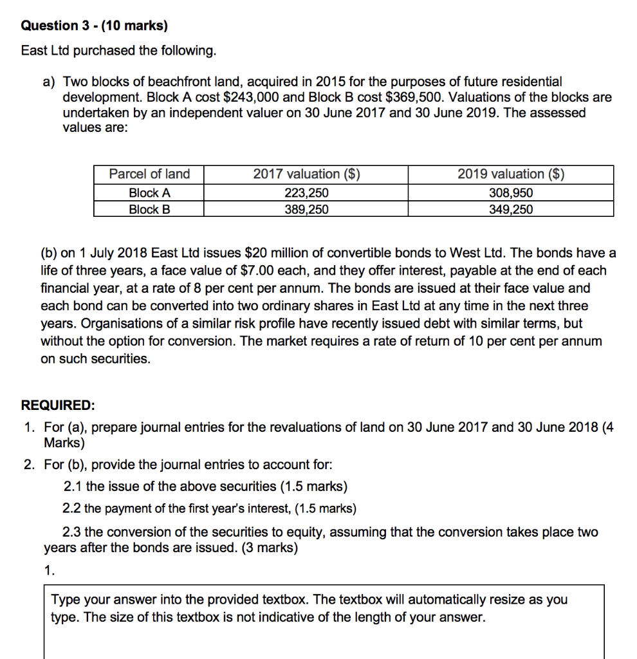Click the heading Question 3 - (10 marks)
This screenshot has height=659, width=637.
pos(94,26)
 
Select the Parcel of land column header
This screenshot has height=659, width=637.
pos(149,174)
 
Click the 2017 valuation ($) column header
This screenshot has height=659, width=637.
pos(306,174)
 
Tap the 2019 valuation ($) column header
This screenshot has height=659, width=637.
pos(511,174)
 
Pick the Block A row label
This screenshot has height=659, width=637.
pos(149,192)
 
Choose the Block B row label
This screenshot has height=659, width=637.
pos(149,209)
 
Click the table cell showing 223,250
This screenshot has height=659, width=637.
pos(306,192)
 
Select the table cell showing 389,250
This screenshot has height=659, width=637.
pos(306,209)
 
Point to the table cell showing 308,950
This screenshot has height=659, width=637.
pos(511,192)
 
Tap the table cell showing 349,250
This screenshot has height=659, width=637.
pos(511,209)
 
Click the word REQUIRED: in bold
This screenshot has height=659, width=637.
pos(58,405)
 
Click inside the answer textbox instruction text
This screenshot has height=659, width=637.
pos(309,608)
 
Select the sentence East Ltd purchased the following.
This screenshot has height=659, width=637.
pos(119,50)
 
